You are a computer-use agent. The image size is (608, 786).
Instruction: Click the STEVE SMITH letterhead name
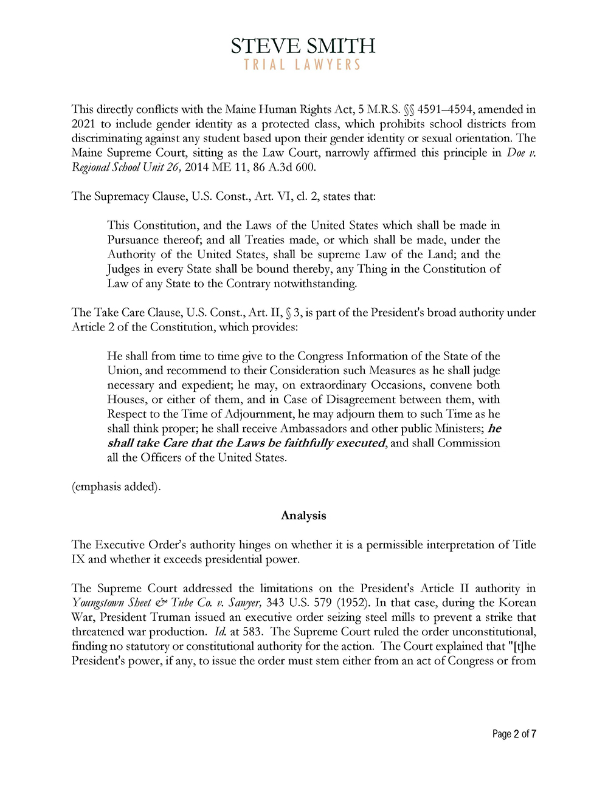click(303, 46)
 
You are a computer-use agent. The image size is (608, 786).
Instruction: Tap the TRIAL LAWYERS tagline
click(303, 64)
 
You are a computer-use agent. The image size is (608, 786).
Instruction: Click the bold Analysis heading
click(303, 516)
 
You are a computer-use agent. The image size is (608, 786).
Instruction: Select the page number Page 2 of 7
click(514, 734)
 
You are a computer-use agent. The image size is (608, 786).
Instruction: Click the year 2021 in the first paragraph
click(83, 124)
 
